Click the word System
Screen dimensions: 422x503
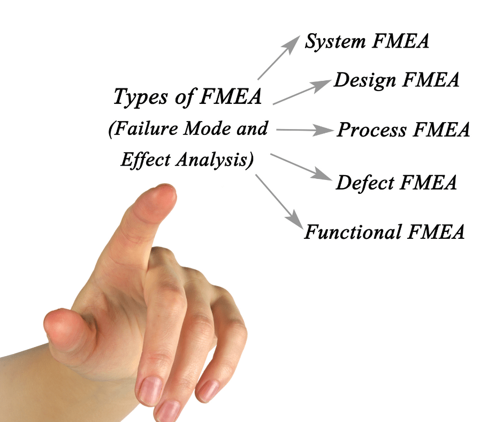tap(332, 42)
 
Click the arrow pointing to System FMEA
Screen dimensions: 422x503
tap(278, 58)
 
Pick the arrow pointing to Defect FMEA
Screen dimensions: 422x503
tap(300, 167)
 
